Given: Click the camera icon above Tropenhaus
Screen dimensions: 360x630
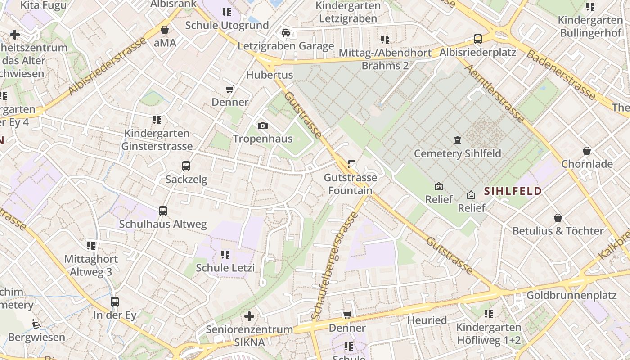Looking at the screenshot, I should point(262,126).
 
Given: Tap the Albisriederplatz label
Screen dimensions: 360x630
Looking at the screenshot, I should point(477,52).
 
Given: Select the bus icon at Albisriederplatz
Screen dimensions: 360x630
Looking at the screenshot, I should point(478,39).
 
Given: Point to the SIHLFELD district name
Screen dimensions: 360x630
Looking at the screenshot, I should point(513,191).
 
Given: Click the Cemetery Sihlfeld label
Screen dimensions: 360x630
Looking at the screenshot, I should point(457,153).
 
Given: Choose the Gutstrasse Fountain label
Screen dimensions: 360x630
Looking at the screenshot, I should point(351,184).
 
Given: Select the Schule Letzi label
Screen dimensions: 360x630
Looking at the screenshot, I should point(225,268).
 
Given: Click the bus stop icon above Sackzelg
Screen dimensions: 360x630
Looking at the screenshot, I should point(186,166).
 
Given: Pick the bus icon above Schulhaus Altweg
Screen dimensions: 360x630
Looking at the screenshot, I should point(163,211).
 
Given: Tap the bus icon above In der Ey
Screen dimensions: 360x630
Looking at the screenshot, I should point(115,302).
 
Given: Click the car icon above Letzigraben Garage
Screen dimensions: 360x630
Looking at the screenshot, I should point(286,33).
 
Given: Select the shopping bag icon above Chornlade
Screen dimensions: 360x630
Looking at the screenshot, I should point(587,151).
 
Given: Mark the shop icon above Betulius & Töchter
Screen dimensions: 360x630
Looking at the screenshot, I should point(558,218).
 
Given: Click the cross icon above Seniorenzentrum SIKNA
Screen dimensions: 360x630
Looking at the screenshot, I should point(249,316).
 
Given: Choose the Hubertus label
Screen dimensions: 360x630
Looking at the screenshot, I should point(270,75).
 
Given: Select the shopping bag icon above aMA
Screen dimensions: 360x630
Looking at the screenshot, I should point(165,30).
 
